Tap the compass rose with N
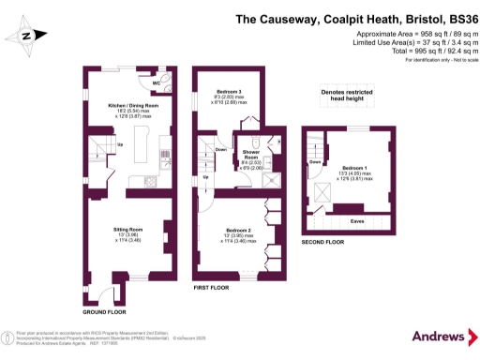pyautogui.click(x=26, y=36)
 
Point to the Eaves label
pyautogui.click(x=357, y=221)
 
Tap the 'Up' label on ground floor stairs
pyautogui.click(x=120, y=144)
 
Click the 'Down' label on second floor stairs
pyautogui.click(x=315, y=161)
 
